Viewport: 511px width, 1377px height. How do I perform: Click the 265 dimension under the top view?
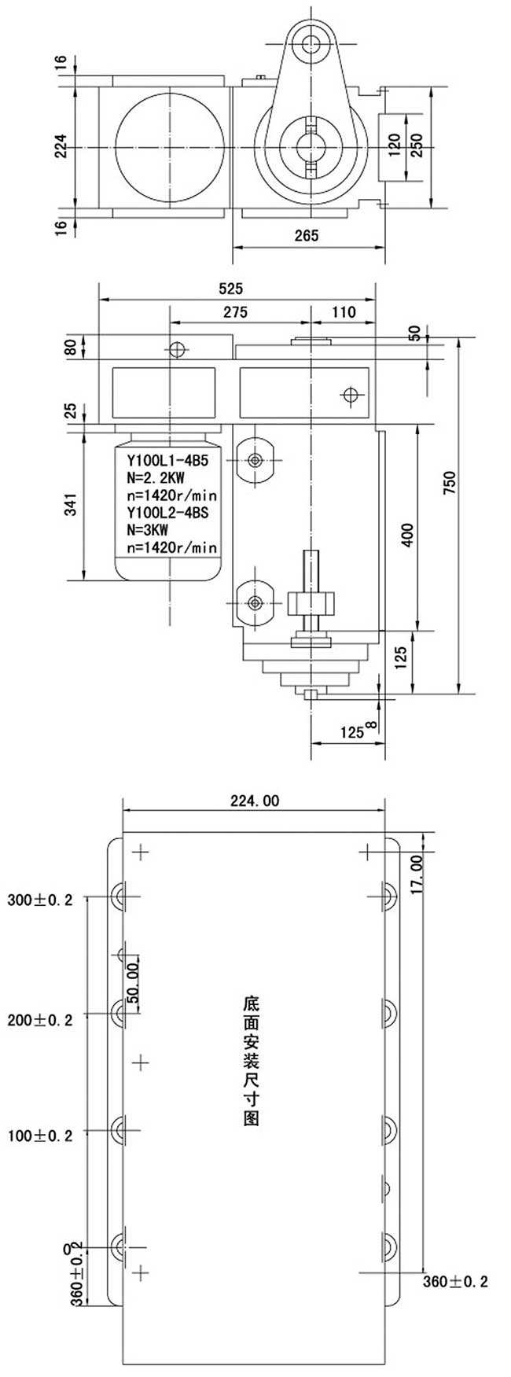(307, 235)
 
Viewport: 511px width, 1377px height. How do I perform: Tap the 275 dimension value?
(234, 312)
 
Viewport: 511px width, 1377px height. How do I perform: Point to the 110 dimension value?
(343, 312)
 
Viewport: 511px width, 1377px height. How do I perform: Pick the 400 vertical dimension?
(406, 535)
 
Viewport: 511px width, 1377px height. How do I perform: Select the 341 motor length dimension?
(72, 504)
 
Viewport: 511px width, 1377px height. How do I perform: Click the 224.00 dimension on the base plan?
(254, 801)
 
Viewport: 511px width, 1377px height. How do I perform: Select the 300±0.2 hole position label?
(40, 900)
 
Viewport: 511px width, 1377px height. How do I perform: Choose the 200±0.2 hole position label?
(40, 1020)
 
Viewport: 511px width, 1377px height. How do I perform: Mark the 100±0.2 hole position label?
(40, 1136)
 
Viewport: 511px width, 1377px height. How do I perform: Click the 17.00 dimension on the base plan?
(416, 873)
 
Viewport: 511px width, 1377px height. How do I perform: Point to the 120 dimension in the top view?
(394, 145)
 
